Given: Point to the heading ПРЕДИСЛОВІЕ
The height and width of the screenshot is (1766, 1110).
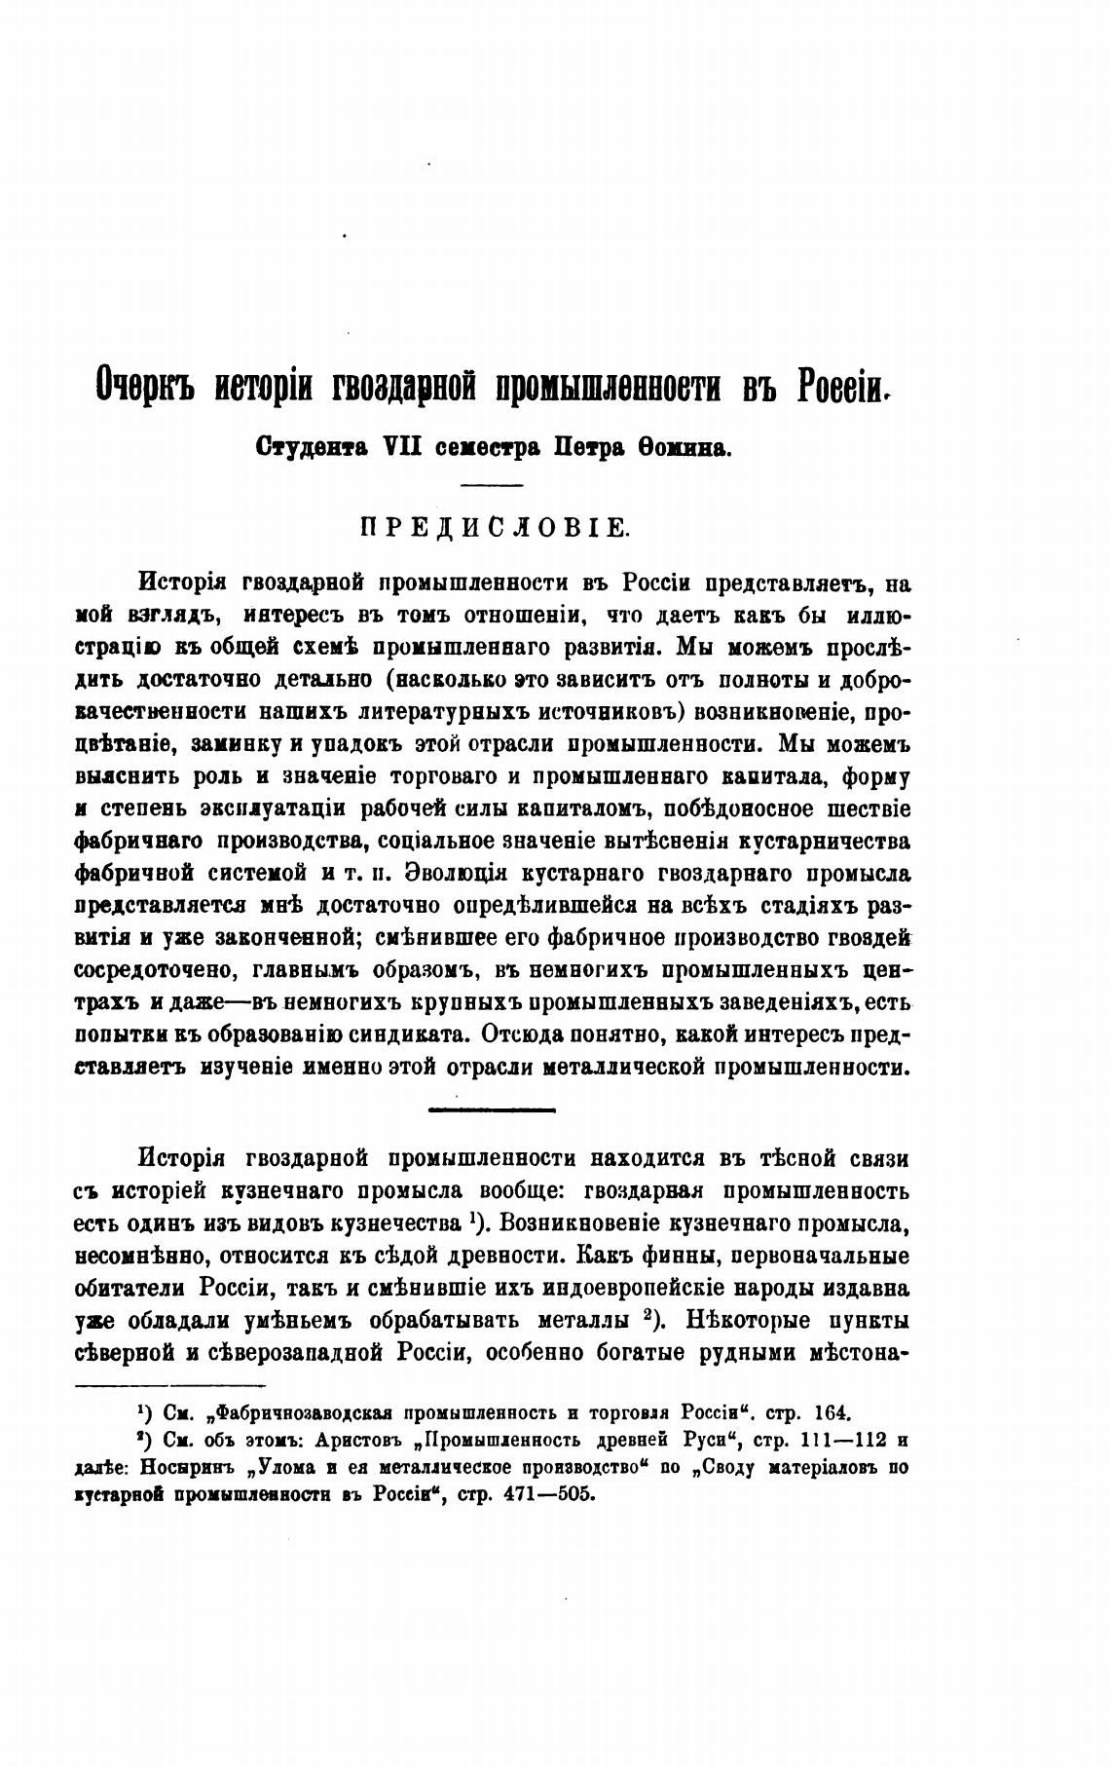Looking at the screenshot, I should tap(496, 529).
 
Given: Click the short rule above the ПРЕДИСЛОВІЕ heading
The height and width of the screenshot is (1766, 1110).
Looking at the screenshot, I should tap(492, 485).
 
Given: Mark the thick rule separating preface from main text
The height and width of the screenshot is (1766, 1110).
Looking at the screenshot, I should tap(492, 1108).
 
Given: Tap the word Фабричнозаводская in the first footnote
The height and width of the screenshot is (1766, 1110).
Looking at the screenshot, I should tap(304, 1411).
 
